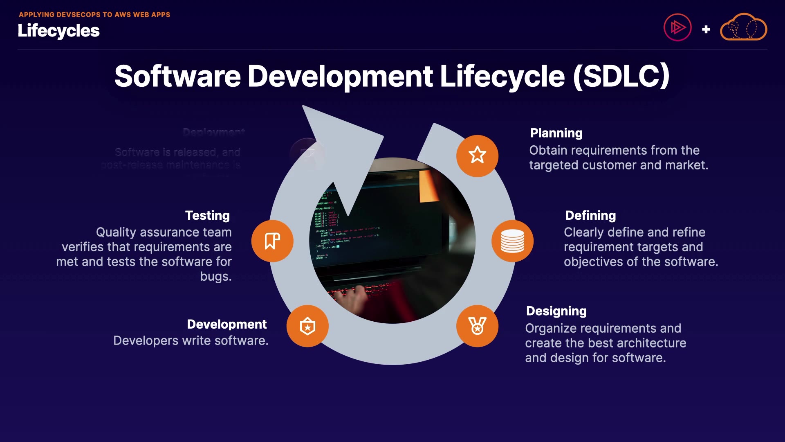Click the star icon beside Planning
(477, 156)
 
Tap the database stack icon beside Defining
(512, 241)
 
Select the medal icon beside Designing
(477, 326)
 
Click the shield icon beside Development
(307, 326)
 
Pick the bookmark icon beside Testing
(272, 241)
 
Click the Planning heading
(556, 133)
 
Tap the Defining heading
(590, 215)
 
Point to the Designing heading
(556, 311)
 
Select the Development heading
(227, 324)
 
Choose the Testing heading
(207, 215)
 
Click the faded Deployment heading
(214, 132)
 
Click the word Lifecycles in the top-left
(58, 31)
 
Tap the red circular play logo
(677, 28)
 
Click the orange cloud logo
(743, 28)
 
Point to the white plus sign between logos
(706, 29)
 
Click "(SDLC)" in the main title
(621, 76)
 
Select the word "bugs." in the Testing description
(216, 276)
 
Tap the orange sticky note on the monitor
(428, 187)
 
